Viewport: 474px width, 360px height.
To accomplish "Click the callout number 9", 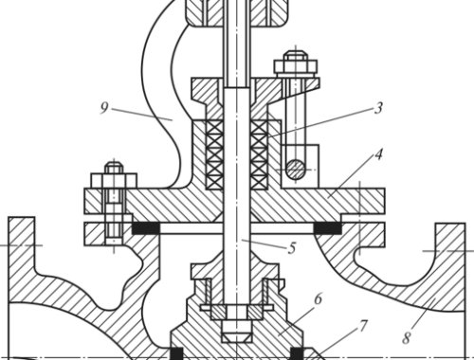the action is click(x=104, y=108).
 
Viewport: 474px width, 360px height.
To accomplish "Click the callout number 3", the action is click(x=378, y=108).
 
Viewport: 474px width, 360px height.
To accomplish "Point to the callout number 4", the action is click(x=378, y=154).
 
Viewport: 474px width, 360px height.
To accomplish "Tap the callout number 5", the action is click(x=292, y=248).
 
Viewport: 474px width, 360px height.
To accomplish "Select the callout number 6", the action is click(x=318, y=298).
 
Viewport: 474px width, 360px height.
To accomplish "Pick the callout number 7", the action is click(x=364, y=326).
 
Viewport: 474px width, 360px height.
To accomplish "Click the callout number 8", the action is click(x=406, y=338).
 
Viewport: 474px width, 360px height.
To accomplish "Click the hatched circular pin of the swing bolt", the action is click(x=296, y=170).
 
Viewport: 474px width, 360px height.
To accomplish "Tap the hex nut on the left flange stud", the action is click(x=114, y=181).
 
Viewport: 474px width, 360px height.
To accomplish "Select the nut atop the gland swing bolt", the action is click(x=296, y=66).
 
